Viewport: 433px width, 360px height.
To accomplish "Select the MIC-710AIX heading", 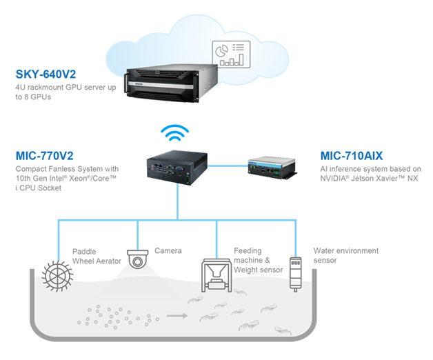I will [x=351, y=156].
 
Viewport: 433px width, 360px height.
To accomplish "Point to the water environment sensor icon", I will [x=296, y=272].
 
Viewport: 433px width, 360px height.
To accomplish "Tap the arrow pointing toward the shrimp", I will [x=179, y=317].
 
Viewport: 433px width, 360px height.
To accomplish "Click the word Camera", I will [x=168, y=250].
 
